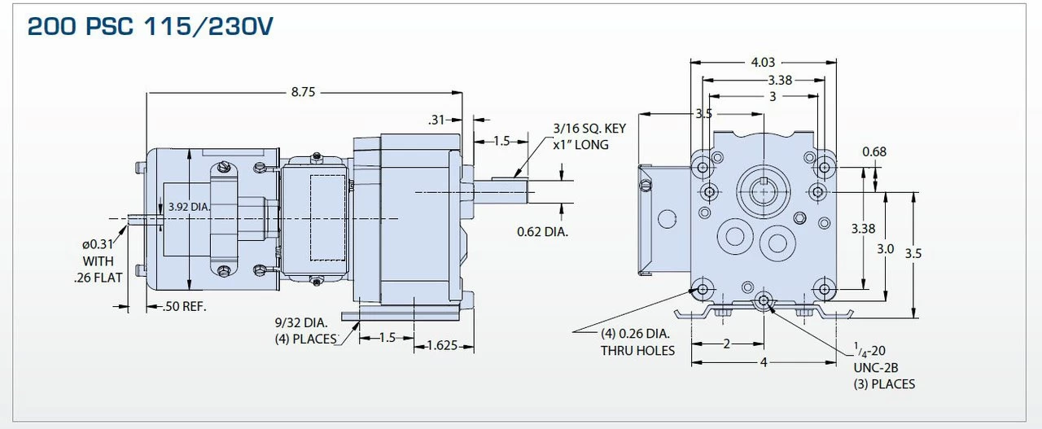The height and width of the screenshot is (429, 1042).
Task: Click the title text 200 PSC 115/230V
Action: (150, 27)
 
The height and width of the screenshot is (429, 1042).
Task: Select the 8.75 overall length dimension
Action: (303, 92)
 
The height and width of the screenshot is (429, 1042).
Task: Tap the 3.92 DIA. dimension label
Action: (189, 207)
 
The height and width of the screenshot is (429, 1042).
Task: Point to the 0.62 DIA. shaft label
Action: (542, 232)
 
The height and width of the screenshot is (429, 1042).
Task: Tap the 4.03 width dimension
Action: (763, 62)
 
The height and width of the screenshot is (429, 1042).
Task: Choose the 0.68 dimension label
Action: (873, 151)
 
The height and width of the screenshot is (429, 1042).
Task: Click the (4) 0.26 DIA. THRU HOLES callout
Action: (637, 342)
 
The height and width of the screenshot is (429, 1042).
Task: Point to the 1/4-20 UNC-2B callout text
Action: (883, 367)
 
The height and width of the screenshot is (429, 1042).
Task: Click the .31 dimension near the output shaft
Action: (438, 120)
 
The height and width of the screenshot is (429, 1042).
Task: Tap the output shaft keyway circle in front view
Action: (763, 191)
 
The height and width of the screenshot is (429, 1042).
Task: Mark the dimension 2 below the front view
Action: (726, 344)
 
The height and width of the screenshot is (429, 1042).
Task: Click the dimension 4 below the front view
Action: (764, 362)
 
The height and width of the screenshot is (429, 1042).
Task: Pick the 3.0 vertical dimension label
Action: (885, 248)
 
